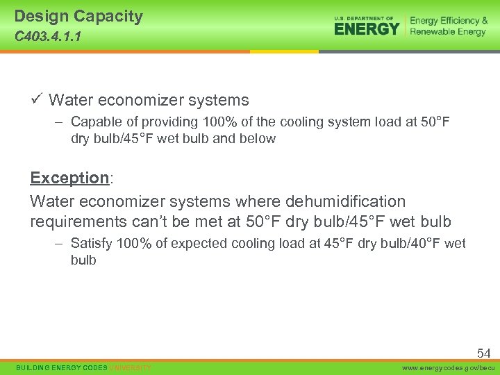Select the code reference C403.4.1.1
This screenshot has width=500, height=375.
click(47, 37)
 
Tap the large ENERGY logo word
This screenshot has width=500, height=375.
click(367, 28)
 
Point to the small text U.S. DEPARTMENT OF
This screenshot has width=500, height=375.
click(364, 18)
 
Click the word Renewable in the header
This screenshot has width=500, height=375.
click(434, 32)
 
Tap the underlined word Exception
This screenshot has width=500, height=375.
click(69, 178)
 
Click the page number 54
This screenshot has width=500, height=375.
click(483, 353)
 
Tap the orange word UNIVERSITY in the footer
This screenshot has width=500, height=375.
click(130, 367)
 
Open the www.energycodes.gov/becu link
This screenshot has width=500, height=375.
click(447, 367)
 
